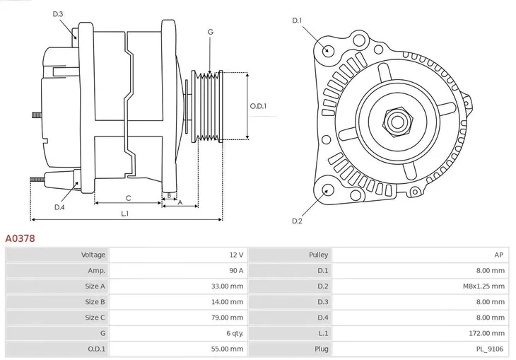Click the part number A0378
coord(20,239)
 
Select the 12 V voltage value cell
coord(235,255)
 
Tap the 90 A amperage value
coord(235,270)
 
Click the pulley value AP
coord(499,255)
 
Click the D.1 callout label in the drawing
coord(297,21)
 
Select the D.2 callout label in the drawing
coord(297,221)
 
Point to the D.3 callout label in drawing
coord(58,14)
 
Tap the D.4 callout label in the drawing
coord(59,207)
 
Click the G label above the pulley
coord(210,32)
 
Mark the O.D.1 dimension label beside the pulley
coord(258,106)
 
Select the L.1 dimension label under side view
coord(124,213)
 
